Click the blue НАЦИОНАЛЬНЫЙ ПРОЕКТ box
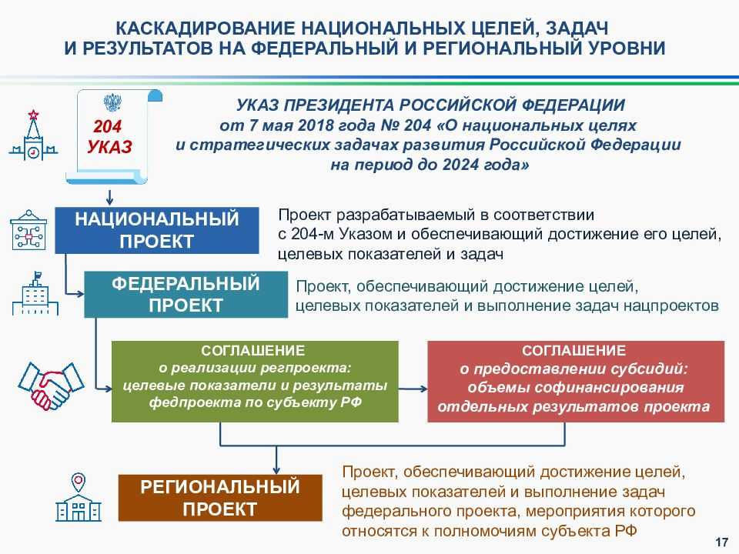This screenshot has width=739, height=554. point(157,230)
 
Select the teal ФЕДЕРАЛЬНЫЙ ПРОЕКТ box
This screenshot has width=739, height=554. point(186,295)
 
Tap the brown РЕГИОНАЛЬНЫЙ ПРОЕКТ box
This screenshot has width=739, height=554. point(220,498)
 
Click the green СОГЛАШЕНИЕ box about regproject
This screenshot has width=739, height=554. point(255,382)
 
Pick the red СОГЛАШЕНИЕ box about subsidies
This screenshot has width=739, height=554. point(576,382)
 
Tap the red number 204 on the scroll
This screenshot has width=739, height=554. point(108,126)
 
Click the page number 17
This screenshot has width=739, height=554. point(721,542)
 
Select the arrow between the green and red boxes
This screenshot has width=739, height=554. point(413,389)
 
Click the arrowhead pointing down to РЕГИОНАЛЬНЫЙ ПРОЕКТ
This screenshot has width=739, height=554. point(276,470)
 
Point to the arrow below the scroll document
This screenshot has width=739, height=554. point(110,197)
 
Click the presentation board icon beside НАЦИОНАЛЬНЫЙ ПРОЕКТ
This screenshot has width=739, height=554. point(28,230)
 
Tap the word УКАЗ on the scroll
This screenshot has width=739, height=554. point(109,147)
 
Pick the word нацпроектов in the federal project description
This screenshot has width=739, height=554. point(671,305)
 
